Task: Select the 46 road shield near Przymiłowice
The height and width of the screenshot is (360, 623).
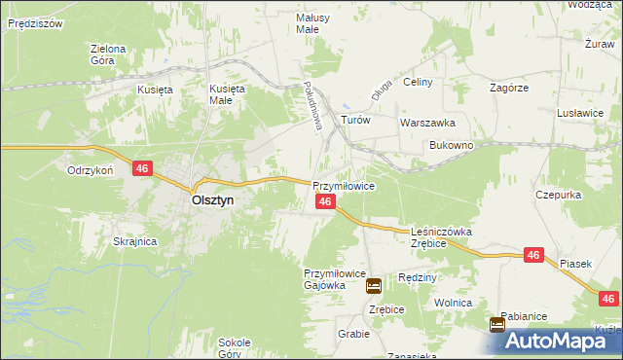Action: coord(326,201)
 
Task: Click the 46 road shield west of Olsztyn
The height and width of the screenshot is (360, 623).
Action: coord(142,168)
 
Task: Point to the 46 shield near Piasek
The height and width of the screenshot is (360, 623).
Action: coord(532,254)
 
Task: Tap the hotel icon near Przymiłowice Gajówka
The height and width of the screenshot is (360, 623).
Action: coord(374,285)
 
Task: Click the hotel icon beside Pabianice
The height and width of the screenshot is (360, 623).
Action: coord(497,324)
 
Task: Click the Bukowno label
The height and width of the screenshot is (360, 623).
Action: coord(452,145)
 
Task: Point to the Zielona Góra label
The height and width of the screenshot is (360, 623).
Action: coord(108,54)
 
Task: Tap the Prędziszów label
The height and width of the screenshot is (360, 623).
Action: coord(35,21)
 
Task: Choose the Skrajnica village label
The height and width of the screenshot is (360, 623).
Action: coord(135,241)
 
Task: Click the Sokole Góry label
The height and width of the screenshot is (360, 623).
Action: coord(236,348)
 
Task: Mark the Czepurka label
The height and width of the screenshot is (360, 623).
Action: coord(559,195)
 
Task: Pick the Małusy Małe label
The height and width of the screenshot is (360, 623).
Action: coord(314,23)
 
